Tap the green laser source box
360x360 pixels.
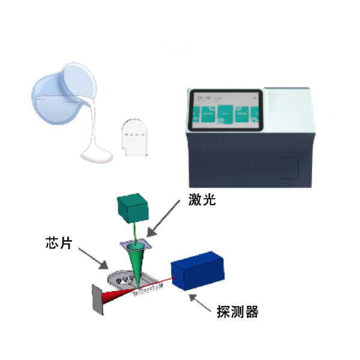click(131, 207)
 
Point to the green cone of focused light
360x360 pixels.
click(137, 264)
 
